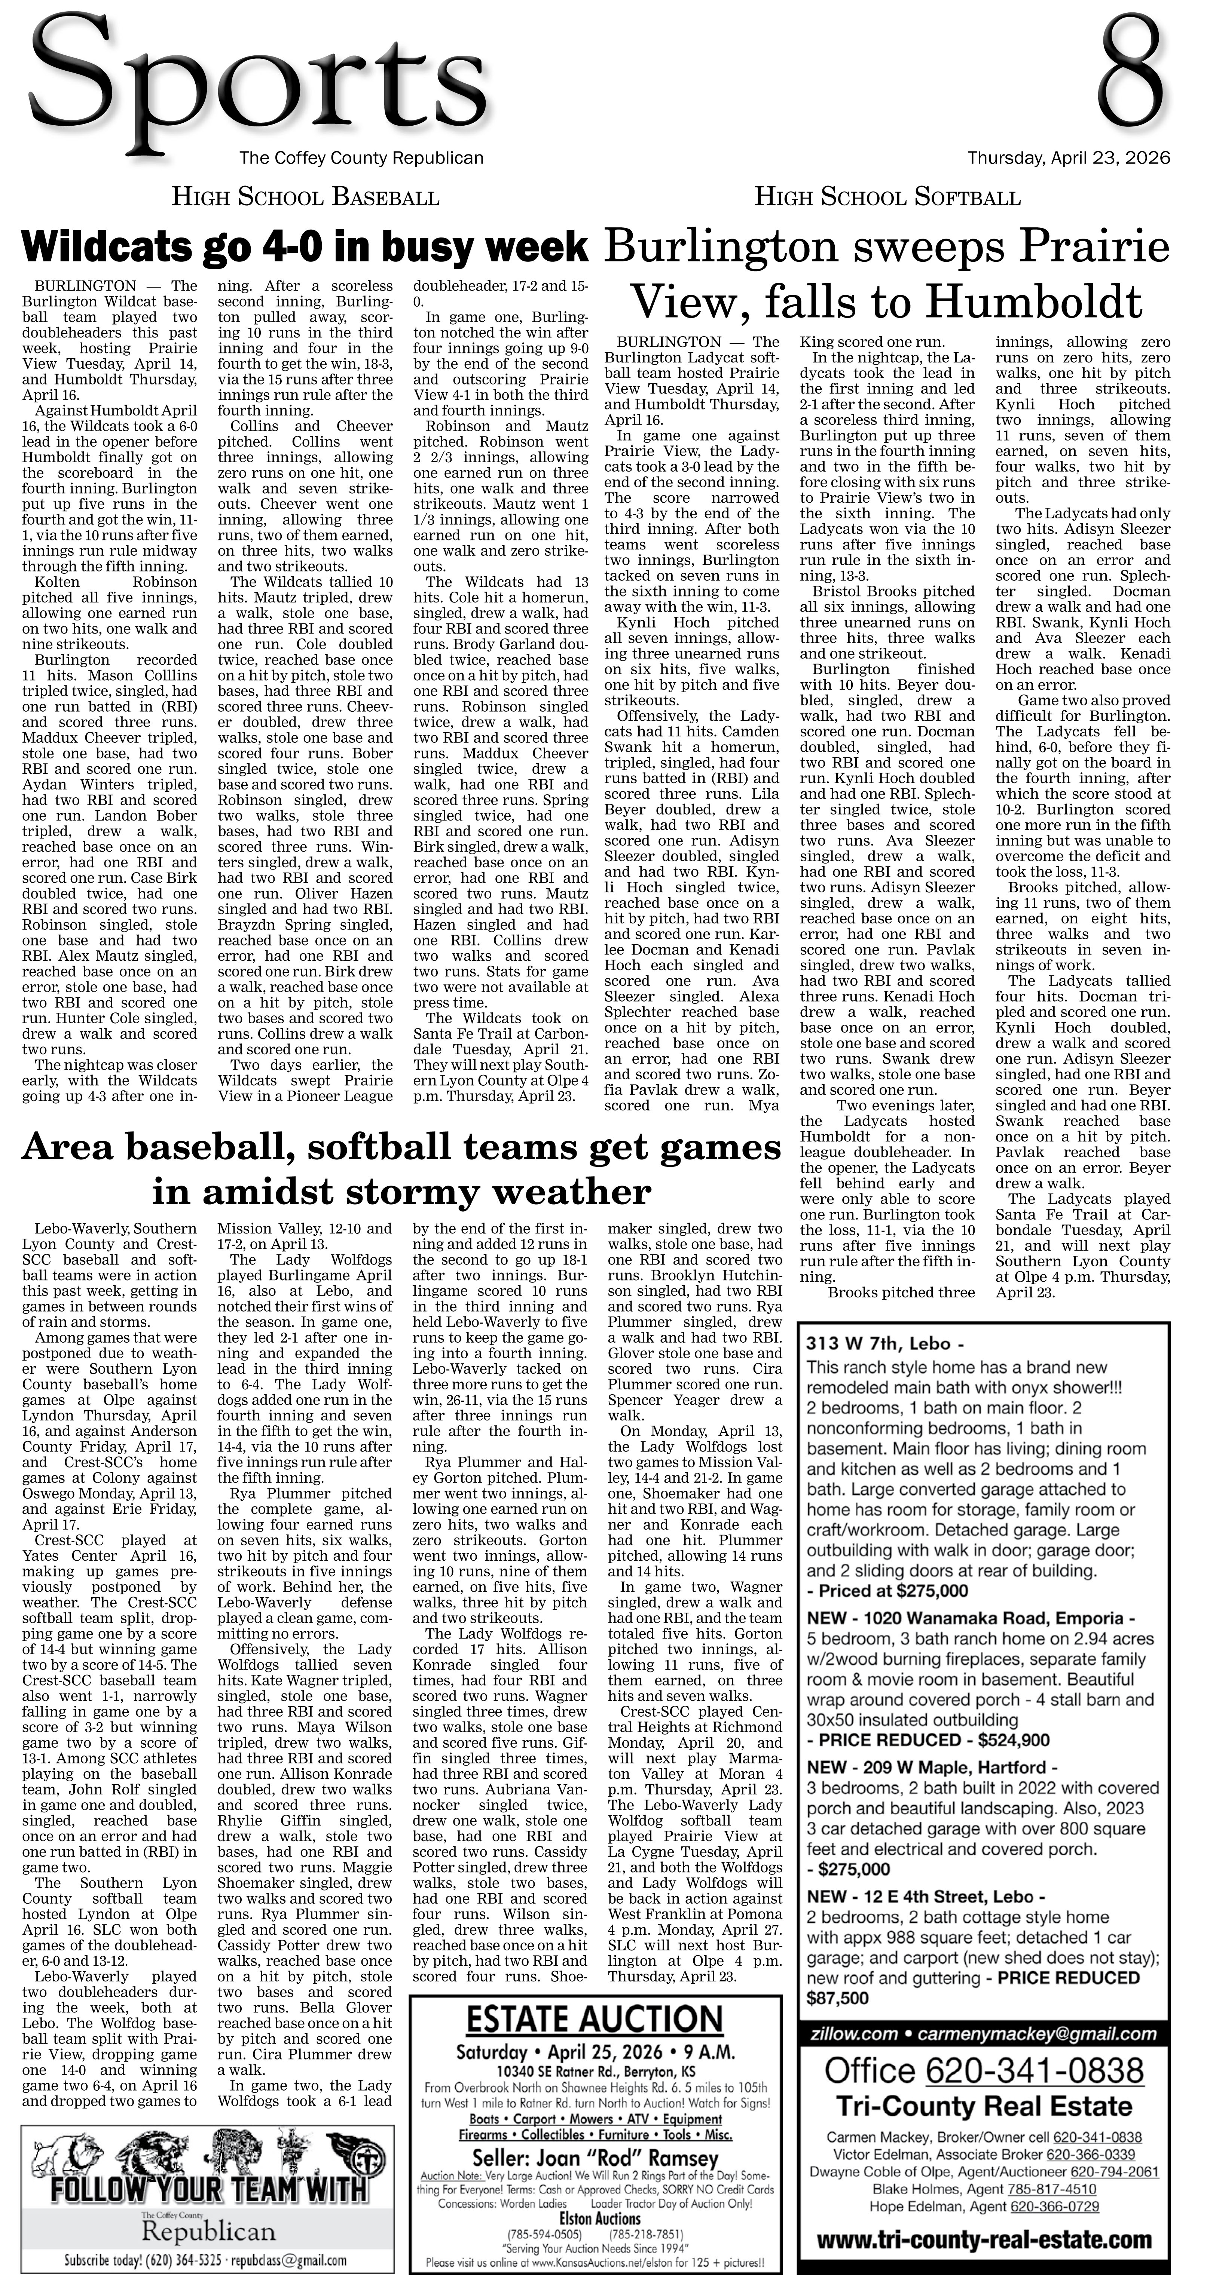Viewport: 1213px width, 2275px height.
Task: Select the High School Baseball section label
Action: click(x=305, y=197)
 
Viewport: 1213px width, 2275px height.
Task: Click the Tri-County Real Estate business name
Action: click(x=983, y=2106)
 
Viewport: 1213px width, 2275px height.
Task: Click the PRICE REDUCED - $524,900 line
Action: click(x=928, y=1740)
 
